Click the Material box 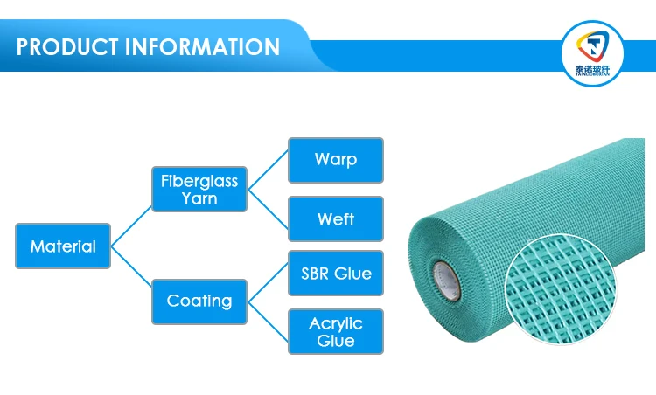63,246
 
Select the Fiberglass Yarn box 199,189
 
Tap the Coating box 199,301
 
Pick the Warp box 336,160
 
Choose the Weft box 336,218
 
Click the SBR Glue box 336,274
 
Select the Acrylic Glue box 336,331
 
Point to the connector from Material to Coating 131,274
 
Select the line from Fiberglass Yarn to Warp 268,173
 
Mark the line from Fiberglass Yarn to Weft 268,205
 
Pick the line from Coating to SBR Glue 268,286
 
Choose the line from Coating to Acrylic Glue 268,317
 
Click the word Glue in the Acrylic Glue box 336,341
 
